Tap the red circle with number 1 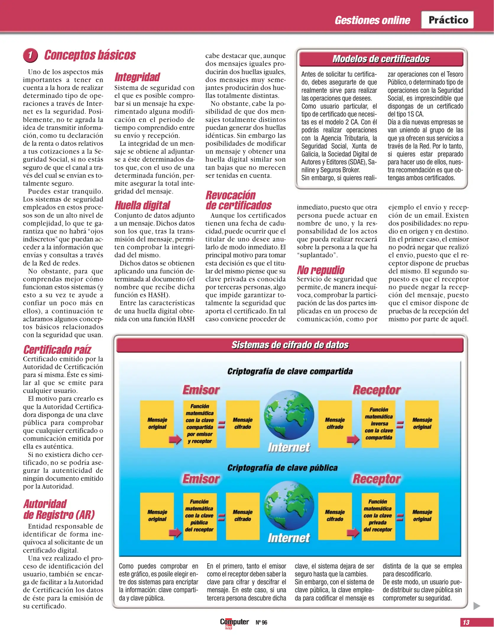30,55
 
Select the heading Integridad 137,77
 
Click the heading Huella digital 142,205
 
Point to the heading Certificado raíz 57,350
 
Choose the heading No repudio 321,270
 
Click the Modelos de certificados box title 381,59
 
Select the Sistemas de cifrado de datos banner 290,345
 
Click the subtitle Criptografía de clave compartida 290,371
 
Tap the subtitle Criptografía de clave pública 282,468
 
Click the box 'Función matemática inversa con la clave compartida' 378,424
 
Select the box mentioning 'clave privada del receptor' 378,516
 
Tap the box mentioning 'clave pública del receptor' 200,516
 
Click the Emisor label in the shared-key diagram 201,390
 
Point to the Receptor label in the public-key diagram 377,479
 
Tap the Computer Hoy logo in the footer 234,622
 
